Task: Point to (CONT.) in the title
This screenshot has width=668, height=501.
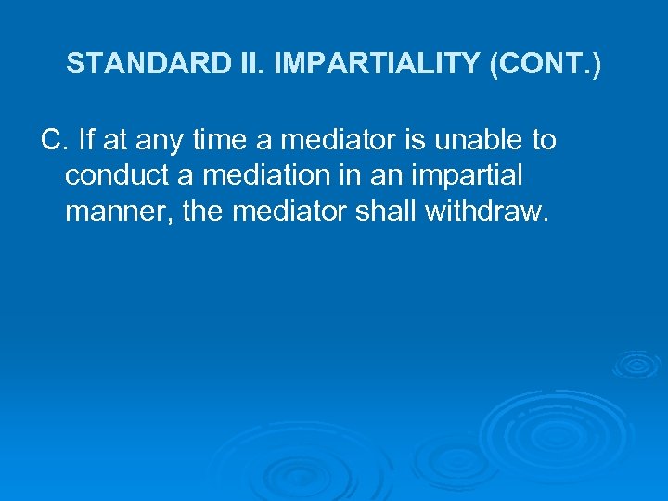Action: pos(544,64)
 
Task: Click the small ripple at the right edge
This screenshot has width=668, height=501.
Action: pos(636,364)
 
